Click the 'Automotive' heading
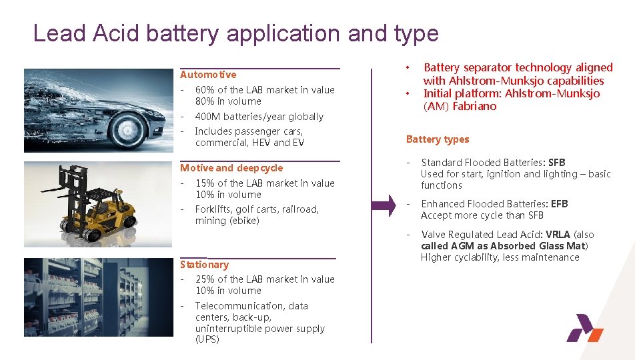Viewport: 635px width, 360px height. coord(208,75)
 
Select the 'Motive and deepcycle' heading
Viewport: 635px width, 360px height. coord(231,168)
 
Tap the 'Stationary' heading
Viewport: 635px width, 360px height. coord(204,265)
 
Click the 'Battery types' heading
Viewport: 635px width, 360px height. coord(438,139)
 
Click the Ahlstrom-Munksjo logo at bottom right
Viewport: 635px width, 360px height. coord(584,330)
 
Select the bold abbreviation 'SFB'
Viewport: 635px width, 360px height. coord(556,163)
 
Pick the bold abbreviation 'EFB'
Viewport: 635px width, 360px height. coord(559,204)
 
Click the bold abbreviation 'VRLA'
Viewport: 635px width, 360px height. coord(558,235)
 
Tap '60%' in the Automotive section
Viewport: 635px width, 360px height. coord(205,90)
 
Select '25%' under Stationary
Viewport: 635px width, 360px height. coord(205,279)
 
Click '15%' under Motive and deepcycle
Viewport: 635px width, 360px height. coord(205,183)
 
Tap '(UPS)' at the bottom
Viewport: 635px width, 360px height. coord(207,340)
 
